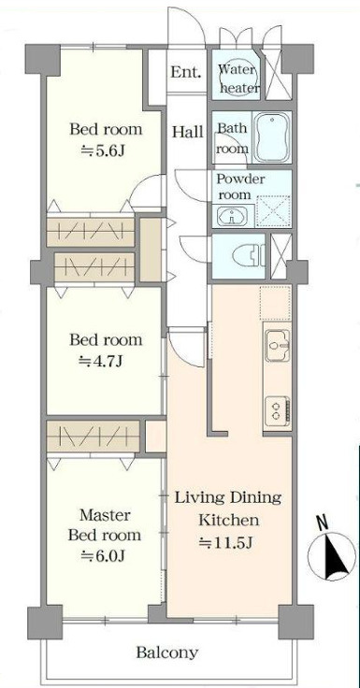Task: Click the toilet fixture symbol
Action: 247,256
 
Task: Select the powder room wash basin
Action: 232,216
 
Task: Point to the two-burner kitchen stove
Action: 278,410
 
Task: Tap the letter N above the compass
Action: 323,523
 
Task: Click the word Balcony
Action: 166,652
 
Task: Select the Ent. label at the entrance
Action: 186,72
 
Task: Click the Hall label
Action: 187,132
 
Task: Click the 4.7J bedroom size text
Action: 100,362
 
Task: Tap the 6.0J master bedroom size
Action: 104,556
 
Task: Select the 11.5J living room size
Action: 225,543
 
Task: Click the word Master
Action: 105,515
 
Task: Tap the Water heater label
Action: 238,79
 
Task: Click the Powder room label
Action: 240,186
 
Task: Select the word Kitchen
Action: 228,521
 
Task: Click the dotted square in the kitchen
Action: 275,303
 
